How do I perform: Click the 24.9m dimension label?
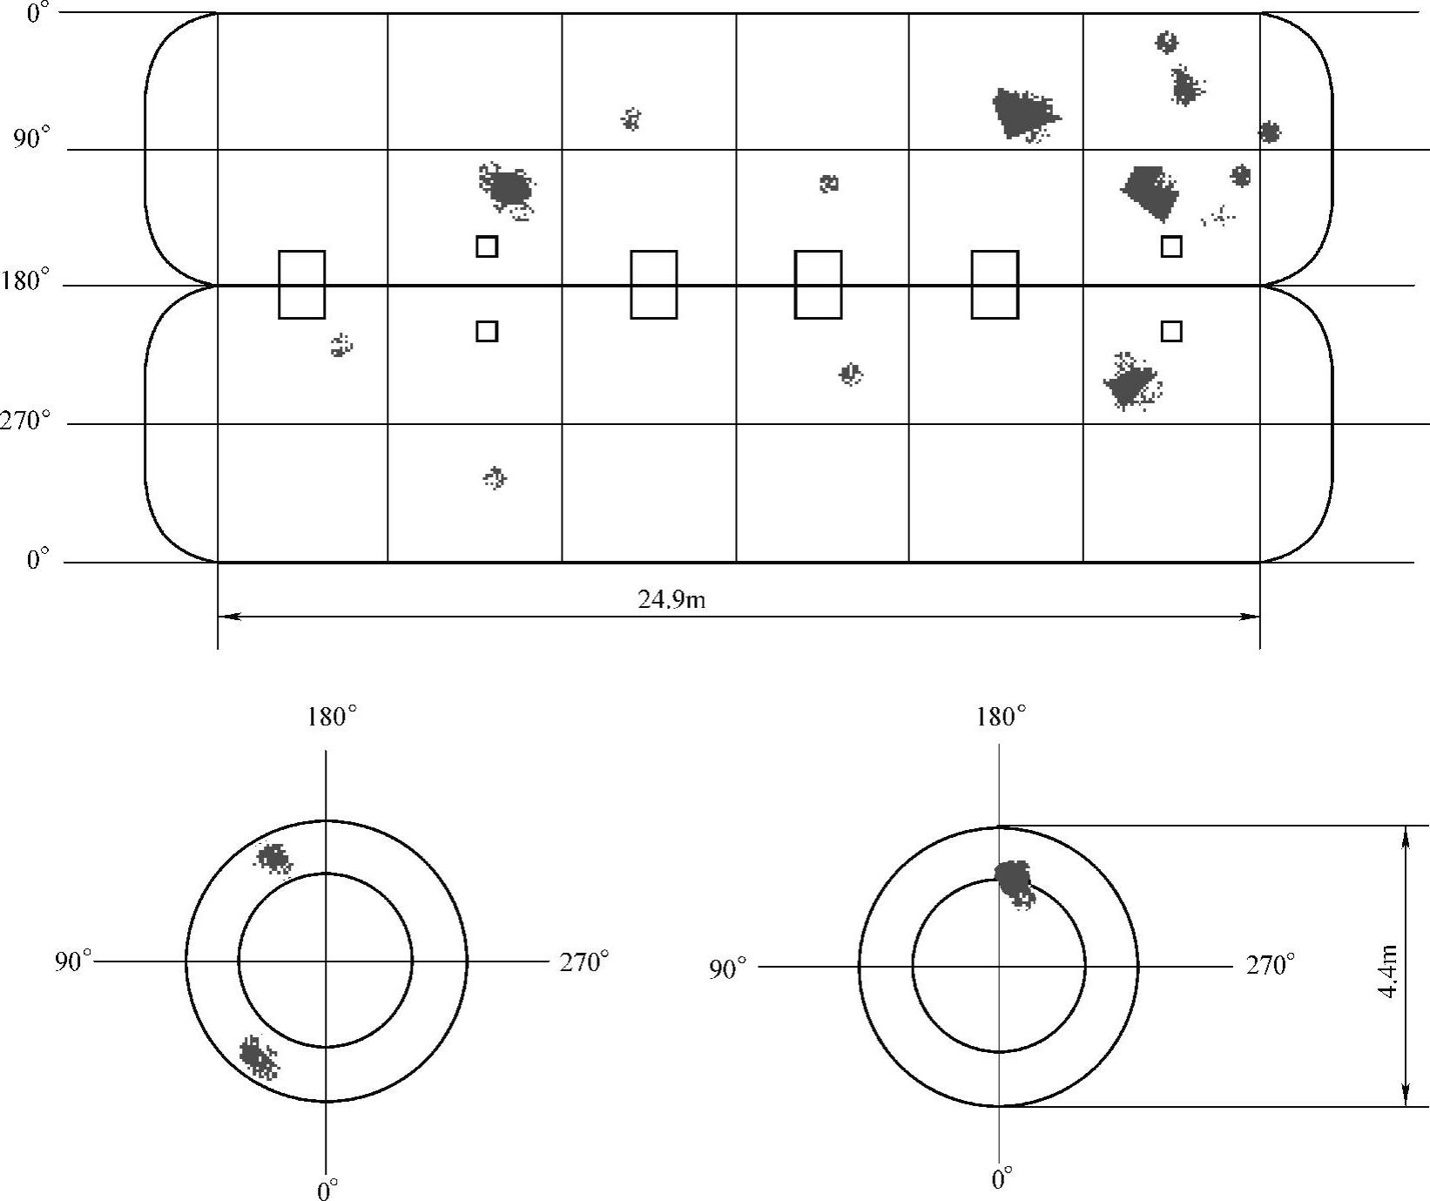[x=671, y=600]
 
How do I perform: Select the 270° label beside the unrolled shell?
[x=25, y=422]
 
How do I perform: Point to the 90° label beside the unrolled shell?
[x=32, y=139]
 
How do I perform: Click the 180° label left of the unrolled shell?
[x=25, y=282]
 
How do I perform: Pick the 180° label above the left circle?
[x=331, y=717]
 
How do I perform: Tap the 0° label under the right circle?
[x=1002, y=1179]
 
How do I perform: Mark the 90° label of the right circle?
[x=727, y=968]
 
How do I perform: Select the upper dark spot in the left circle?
[x=273, y=859]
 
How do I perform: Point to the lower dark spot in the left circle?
[x=258, y=1056]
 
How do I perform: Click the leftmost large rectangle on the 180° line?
[x=301, y=285]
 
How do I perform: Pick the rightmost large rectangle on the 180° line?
[x=995, y=285]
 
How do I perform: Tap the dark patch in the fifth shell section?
[x=1024, y=111]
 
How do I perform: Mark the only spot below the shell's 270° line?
[x=495, y=477]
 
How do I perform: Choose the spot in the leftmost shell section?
[x=341, y=346]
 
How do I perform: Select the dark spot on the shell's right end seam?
[x=1269, y=132]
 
